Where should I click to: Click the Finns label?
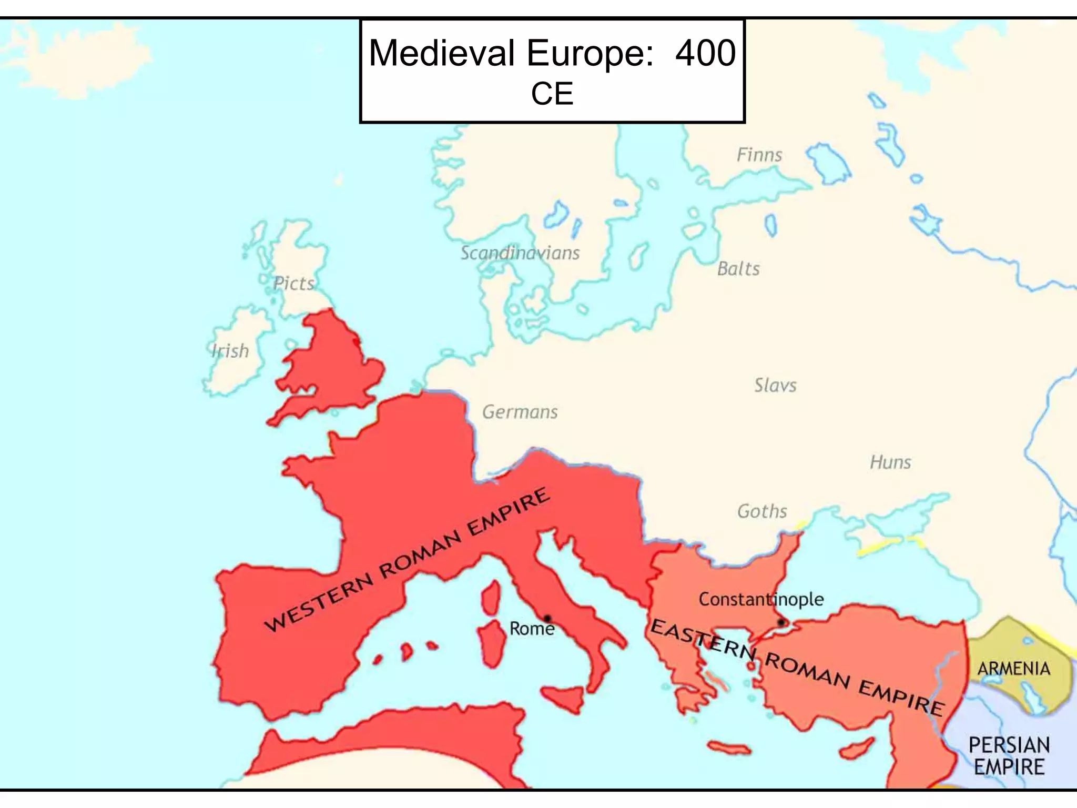[x=759, y=155]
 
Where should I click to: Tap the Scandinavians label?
[x=520, y=253]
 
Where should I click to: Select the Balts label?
[x=738, y=269]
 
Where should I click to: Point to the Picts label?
[x=293, y=284]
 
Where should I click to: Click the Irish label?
[x=230, y=351]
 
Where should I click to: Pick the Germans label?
[x=520, y=412]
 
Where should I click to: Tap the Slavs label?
[x=775, y=385]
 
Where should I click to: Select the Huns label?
[x=890, y=462]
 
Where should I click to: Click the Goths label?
[x=762, y=511]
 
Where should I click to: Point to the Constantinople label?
[x=761, y=599]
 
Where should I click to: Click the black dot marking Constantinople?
[x=781, y=622]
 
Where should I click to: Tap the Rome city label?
[x=532, y=629]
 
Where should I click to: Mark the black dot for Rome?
[x=547, y=618]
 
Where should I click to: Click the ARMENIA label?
[x=1013, y=669]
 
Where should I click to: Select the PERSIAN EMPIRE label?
[x=1009, y=756]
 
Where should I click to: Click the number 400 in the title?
[x=705, y=53]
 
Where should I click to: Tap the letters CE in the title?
[x=552, y=94]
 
